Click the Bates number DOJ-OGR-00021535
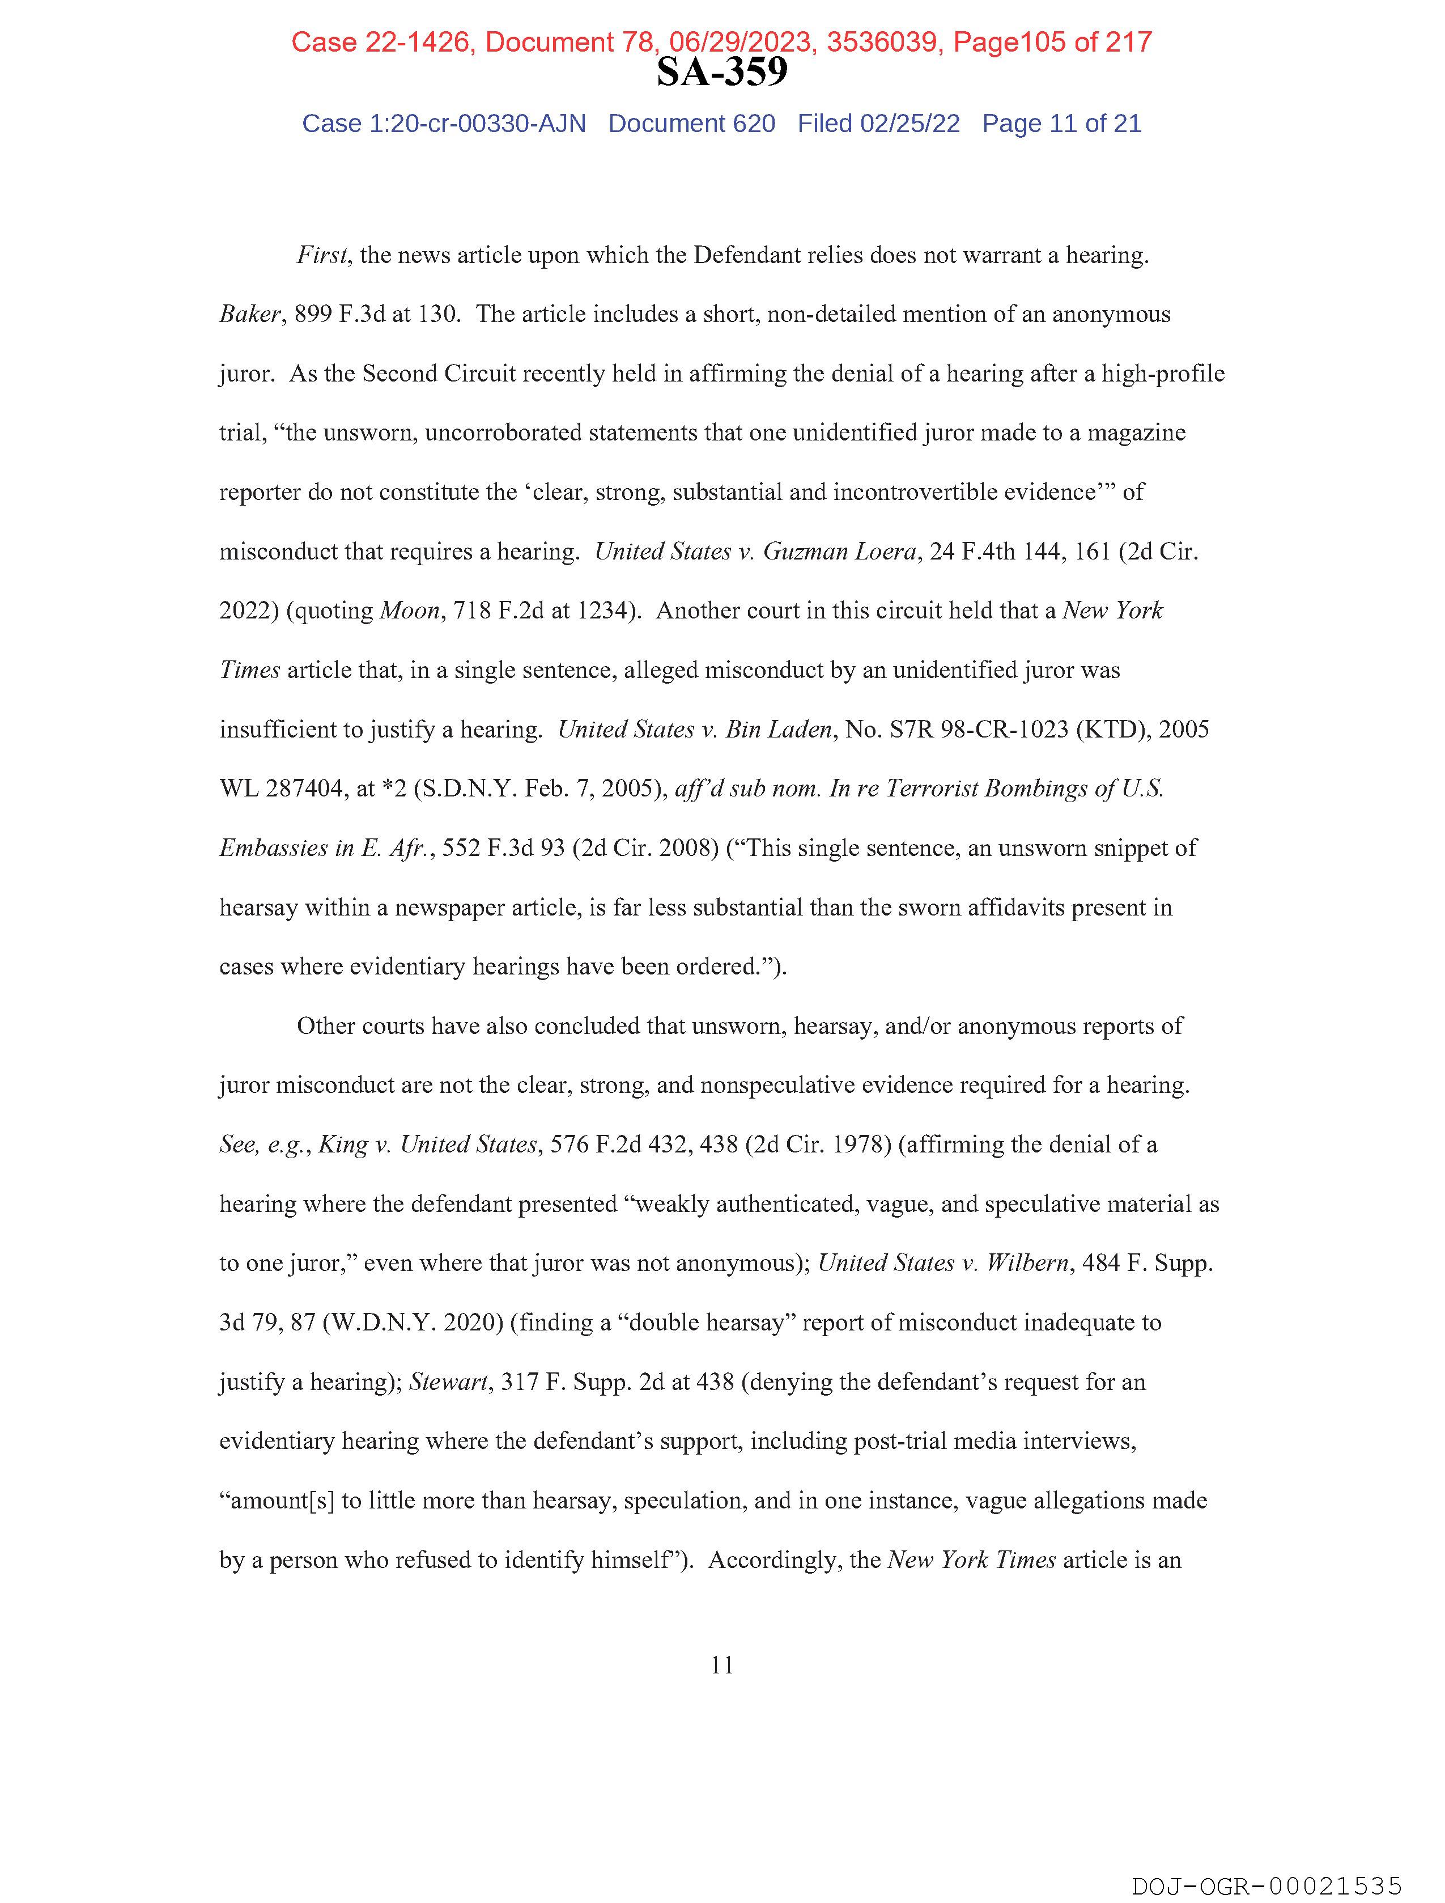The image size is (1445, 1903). coord(1266,1886)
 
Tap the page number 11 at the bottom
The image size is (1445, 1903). coord(722,1665)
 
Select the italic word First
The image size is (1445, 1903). coord(322,256)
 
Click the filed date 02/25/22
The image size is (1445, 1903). coord(910,124)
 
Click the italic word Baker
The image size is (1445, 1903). coord(249,315)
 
